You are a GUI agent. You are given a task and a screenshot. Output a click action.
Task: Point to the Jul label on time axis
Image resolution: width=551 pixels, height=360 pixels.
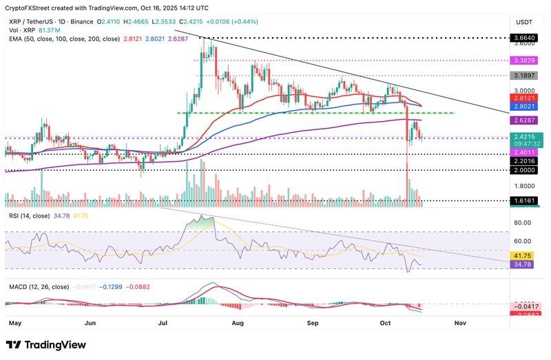164,322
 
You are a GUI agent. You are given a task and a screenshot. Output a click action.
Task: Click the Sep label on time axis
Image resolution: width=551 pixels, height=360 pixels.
313,322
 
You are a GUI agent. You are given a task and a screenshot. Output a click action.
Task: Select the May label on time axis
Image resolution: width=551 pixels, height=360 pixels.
15,322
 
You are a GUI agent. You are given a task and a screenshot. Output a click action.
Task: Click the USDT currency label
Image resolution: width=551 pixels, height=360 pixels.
525,21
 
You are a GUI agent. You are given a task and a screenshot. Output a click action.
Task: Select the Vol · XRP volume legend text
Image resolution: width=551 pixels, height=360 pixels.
21,30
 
